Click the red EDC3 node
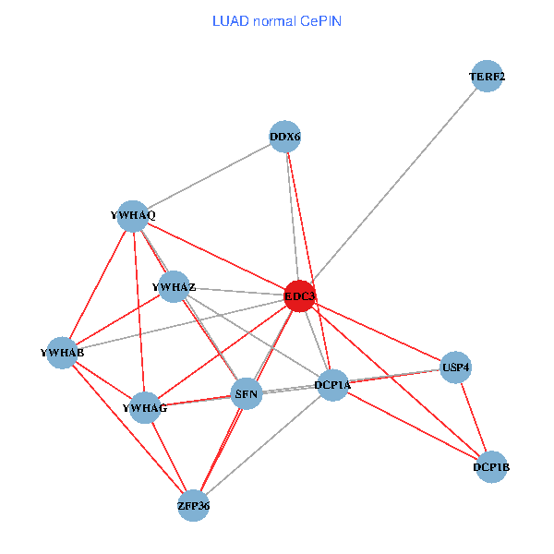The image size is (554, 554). coord(299,295)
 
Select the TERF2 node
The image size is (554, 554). coord(487,77)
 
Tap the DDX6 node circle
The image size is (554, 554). coord(285,137)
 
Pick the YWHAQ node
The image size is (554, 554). coord(134,215)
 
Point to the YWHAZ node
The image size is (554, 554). coord(174,287)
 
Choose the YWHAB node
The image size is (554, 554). coord(62,353)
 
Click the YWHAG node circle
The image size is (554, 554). coord(145,407)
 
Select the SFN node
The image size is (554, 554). coord(247,395)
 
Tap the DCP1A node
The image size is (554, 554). coord(332,384)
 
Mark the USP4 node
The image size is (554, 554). coord(456,367)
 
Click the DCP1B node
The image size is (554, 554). coord(491,467)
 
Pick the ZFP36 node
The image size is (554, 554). coord(194,505)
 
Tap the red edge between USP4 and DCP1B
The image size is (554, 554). coord(474,417)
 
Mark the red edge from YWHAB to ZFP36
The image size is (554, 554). coord(127,428)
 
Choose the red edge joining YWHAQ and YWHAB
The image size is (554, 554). coord(98,283)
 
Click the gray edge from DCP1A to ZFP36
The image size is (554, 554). coord(263,445)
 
